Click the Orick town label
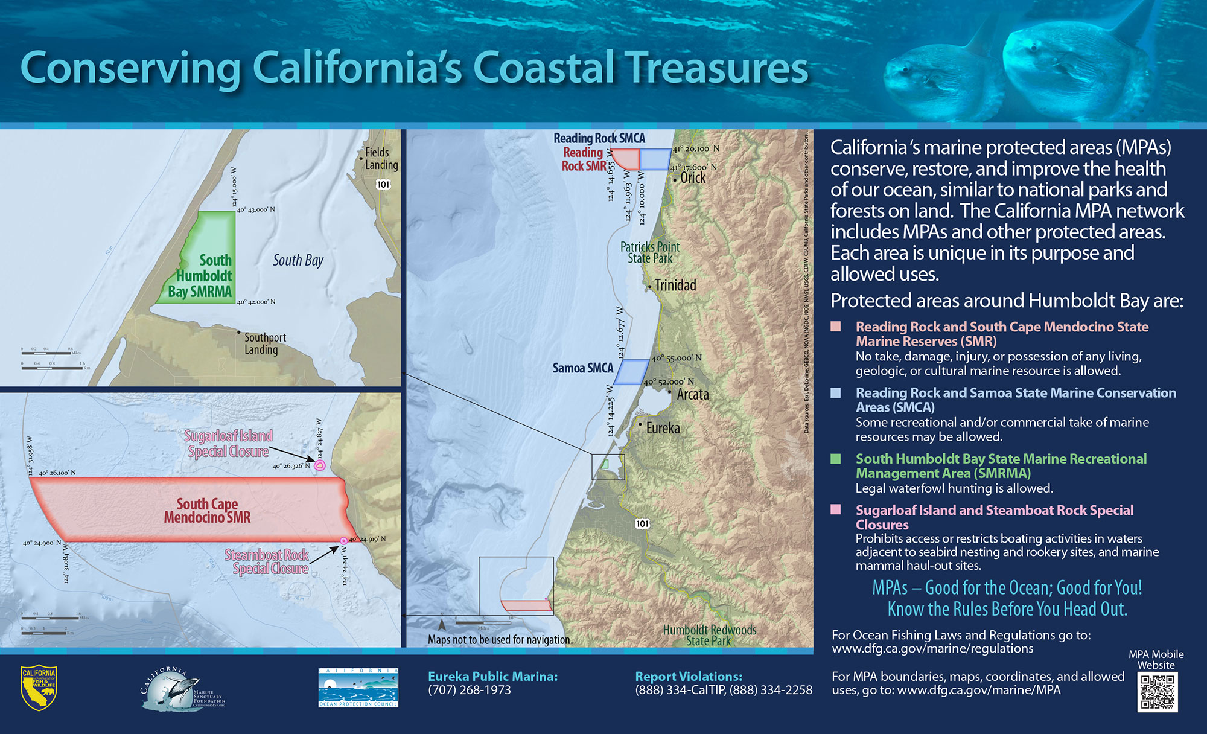coord(693,178)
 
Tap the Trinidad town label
coord(675,286)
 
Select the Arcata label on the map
coord(693,395)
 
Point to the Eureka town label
coord(663,429)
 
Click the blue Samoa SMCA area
coord(633,372)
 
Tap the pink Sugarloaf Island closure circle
coord(320,465)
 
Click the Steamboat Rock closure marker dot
coord(343,541)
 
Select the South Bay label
coord(298,261)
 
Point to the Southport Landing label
coord(265,343)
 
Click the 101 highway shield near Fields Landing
coord(383,184)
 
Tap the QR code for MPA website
coord(1158,692)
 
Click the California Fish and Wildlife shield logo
coord(39,688)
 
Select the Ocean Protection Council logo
coord(358,688)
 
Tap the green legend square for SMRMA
coord(836,459)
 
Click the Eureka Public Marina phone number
coord(470,690)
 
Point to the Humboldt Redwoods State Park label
coord(709,635)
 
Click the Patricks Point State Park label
coord(650,252)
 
